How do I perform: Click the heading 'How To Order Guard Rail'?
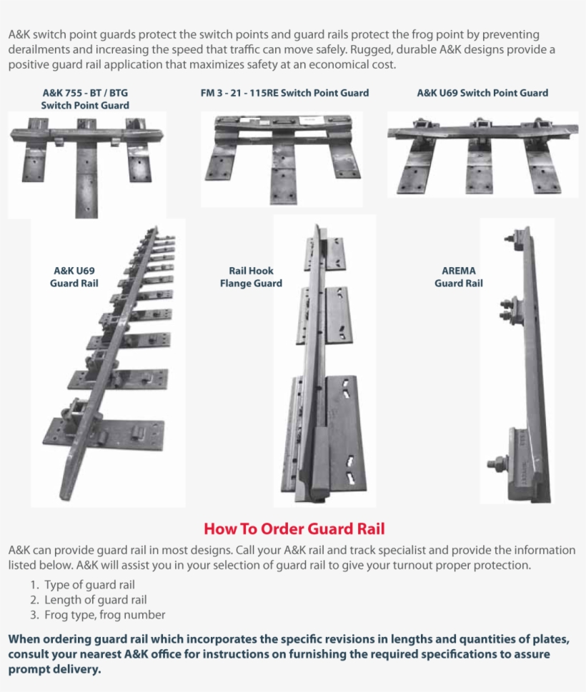pos(294,528)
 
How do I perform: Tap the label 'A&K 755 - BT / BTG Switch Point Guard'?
pos(85,99)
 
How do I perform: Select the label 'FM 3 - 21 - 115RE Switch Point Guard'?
pos(284,93)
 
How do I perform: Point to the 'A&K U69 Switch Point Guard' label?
pos(482,93)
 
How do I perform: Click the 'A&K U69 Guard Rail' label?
pos(74,277)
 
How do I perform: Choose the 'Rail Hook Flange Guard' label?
pos(250,277)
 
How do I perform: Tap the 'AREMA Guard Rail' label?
pos(458,277)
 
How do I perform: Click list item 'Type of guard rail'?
pos(89,585)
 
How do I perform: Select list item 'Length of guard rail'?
pos(95,600)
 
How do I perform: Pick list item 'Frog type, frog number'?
pos(104,615)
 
